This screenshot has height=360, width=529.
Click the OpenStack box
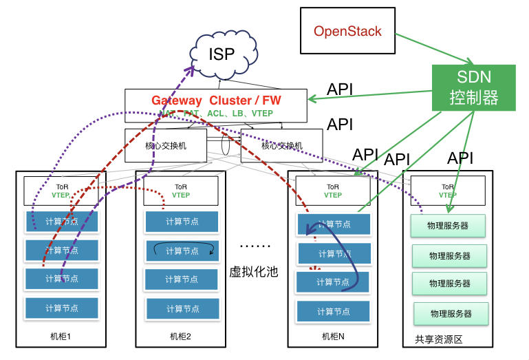point(347,31)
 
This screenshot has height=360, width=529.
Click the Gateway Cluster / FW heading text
point(216,100)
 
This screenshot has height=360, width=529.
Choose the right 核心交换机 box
point(282,145)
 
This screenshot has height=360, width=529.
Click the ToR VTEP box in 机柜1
point(61,190)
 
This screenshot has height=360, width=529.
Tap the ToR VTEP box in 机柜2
point(180,190)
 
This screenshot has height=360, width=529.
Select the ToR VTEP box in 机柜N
point(333,190)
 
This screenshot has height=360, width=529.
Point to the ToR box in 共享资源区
point(447,190)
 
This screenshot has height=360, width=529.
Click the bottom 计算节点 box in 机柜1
point(62,308)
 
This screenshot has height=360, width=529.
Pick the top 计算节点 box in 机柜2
point(182,222)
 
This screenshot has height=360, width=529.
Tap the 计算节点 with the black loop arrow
point(182,251)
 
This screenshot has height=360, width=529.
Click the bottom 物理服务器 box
point(451,313)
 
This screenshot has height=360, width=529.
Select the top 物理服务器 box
point(449,226)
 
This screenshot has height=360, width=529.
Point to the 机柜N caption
point(333,336)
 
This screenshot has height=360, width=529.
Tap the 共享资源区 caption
point(438,339)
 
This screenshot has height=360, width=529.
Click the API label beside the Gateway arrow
point(341,89)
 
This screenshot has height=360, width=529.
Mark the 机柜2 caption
point(180,337)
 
